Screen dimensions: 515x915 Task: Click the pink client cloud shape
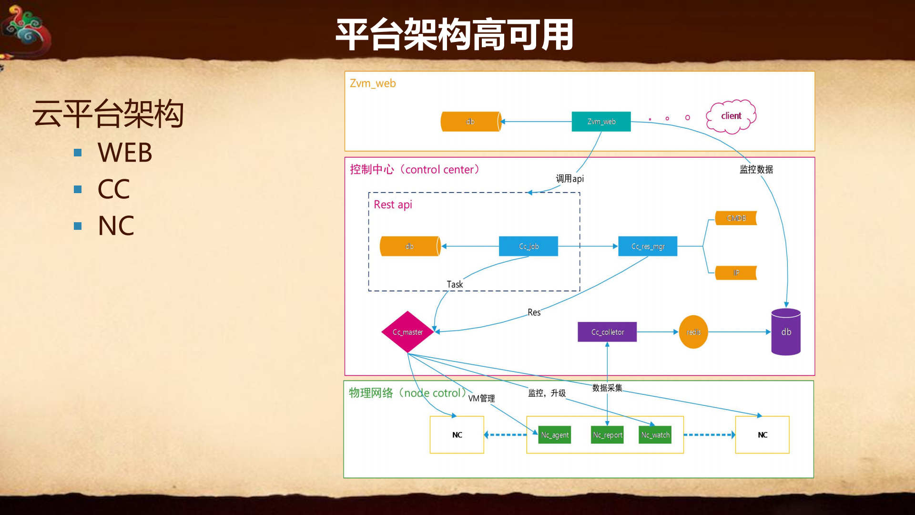(x=731, y=116)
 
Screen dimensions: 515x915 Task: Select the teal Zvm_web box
(x=601, y=122)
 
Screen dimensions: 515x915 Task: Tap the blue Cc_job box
(x=529, y=247)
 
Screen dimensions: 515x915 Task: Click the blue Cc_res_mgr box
(x=648, y=247)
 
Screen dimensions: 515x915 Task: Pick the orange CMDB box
(x=736, y=218)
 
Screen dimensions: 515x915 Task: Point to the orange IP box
(x=736, y=273)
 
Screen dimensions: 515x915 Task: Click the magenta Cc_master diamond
(x=407, y=332)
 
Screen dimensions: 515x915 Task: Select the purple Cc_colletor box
(x=607, y=332)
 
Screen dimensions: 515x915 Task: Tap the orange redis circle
(x=693, y=332)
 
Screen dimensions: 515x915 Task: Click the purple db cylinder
(x=786, y=332)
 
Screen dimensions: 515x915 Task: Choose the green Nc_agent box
(x=555, y=435)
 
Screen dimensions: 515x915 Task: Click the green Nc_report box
(x=607, y=435)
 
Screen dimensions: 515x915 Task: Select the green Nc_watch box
(x=655, y=435)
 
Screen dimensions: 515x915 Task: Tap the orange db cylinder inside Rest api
(x=410, y=247)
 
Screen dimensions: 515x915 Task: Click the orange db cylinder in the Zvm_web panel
(x=471, y=122)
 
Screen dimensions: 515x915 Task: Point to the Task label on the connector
(x=455, y=285)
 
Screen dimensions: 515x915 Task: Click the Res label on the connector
(x=534, y=313)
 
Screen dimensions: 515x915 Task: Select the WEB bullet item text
(x=125, y=153)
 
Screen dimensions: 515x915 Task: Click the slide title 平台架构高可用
(x=455, y=35)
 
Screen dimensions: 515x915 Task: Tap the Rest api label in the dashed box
(x=393, y=205)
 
